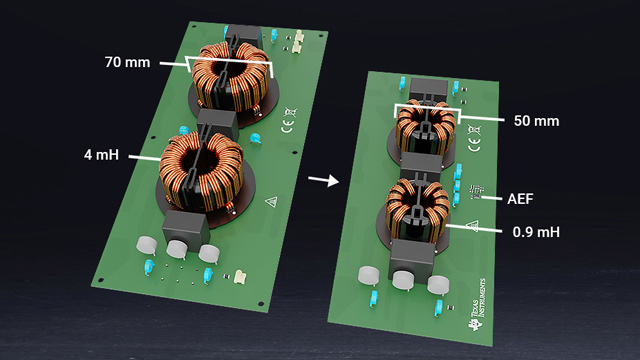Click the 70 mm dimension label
127,62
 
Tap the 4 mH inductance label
101,155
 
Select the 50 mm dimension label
536,121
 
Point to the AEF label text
520,199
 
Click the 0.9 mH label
536,232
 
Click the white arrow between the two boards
323,180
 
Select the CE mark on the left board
287,126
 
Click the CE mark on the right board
474,144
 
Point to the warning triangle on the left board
271,201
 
